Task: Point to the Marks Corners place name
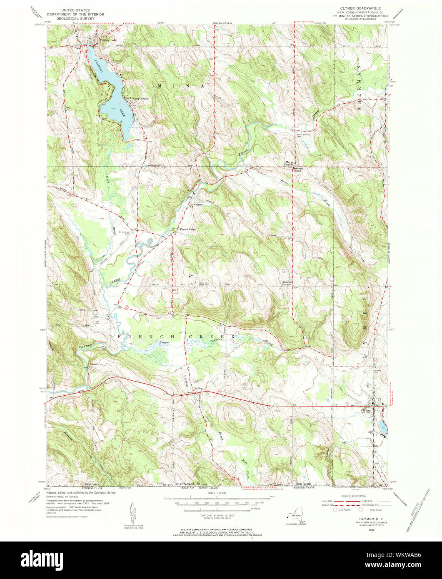(x=290, y=163)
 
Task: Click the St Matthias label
(x=197, y=205)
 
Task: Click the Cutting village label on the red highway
(x=198, y=388)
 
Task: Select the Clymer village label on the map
(x=365, y=410)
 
